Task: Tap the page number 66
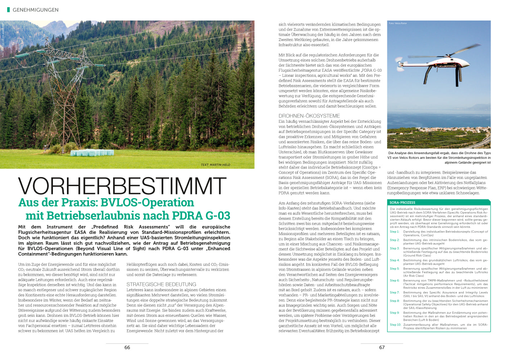click(x=127, y=347)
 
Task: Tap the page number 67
click(x=382, y=347)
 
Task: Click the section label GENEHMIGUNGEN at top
click(x=35, y=10)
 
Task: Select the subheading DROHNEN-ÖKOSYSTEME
click(x=309, y=116)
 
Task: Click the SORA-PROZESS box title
click(x=402, y=203)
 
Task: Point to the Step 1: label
click(x=395, y=232)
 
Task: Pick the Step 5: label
click(x=395, y=269)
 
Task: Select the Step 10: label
click(x=395, y=325)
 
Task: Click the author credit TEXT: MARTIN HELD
click(x=215, y=165)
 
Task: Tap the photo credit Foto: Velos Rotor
click(x=397, y=23)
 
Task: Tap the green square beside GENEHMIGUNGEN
click(x=9, y=10)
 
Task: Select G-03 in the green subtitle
click(x=218, y=216)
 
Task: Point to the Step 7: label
click(x=395, y=293)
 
